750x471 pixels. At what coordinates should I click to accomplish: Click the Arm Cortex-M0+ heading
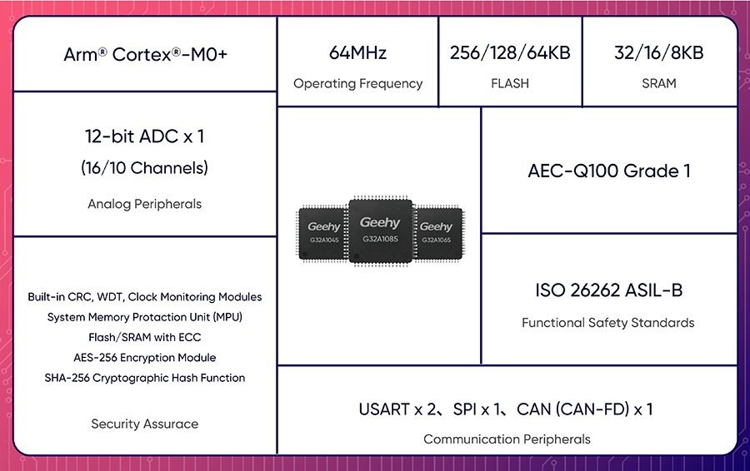145,54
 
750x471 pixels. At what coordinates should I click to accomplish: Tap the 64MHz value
357,52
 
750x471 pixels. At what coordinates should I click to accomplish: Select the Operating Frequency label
357,83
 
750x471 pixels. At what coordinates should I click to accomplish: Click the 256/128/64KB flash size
510,52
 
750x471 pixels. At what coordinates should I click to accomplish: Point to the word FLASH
510,83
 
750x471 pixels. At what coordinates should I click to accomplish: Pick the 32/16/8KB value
658,52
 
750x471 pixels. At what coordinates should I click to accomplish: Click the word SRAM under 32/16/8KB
658,83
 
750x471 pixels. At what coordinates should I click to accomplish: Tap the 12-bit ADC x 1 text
144,136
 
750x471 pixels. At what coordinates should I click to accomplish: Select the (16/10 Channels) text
144,168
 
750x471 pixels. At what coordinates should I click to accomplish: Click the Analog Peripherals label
144,204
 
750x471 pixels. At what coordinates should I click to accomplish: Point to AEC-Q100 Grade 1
609,171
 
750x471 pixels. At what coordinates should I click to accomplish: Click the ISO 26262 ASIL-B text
609,290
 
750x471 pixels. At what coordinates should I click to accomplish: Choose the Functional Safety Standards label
608,323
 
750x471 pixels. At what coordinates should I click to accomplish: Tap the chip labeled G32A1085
380,231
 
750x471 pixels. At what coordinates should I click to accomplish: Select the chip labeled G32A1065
437,233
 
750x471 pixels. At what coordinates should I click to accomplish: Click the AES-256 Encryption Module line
144,358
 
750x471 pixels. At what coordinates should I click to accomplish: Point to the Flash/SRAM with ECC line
144,337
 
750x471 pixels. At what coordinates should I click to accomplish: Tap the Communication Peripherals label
507,439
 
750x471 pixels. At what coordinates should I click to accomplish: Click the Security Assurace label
144,424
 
